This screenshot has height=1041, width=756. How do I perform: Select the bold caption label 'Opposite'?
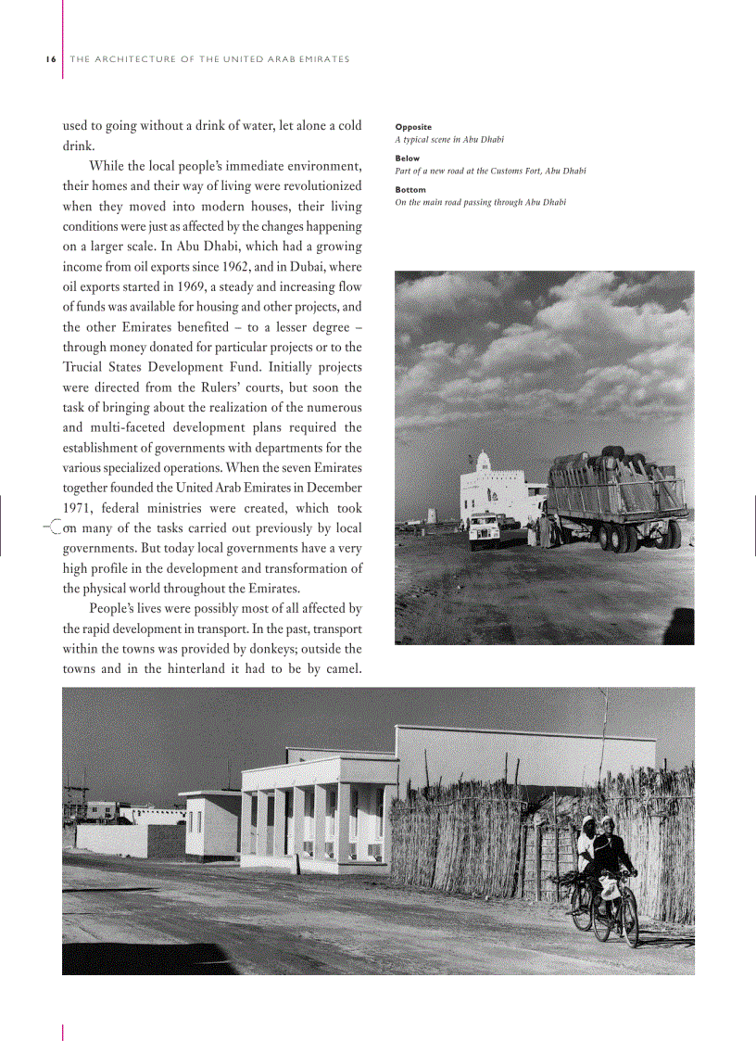coord(413,127)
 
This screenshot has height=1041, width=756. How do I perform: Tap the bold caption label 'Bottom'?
coord(410,190)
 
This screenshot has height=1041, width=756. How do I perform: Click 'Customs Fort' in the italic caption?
coord(519,171)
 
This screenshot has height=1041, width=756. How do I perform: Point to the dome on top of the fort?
coord(484,459)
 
